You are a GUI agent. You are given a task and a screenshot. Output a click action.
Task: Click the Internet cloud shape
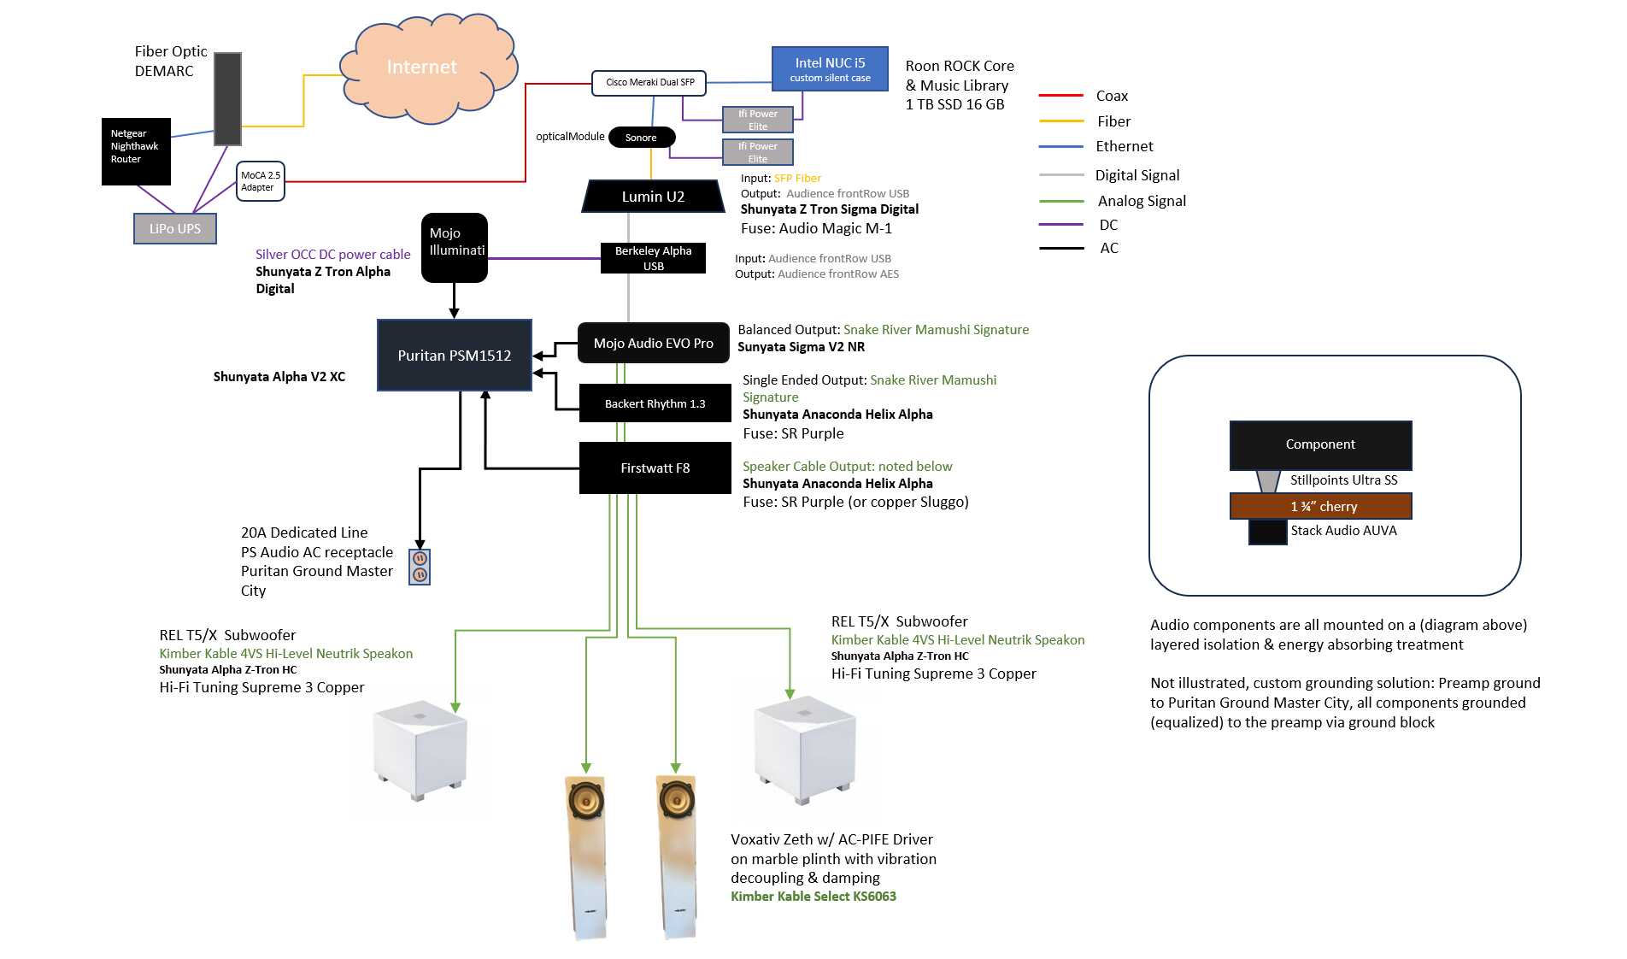point(428,68)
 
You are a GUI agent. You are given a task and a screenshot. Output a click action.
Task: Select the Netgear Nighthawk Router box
point(136,151)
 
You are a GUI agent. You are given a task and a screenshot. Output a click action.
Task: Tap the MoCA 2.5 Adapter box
point(260,181)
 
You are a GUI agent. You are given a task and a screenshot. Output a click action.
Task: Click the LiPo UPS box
point(175,228)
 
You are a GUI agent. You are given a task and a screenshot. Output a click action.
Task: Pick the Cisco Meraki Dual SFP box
point(649,83)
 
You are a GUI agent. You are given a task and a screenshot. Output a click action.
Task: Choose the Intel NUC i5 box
point(830,68)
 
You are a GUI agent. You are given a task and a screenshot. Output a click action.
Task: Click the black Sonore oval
point(642,137)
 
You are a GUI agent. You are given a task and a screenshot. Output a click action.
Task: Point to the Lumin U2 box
point(653,197)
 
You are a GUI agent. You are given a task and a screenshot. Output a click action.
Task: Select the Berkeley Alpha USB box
point(653,258)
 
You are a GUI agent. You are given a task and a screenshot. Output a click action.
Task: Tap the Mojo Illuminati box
point(455,247)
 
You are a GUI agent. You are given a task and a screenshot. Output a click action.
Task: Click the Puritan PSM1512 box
point(455,356)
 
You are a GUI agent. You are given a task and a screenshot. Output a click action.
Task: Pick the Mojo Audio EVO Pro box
point(654,344)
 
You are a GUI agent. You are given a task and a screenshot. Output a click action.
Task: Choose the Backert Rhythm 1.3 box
point(655,403)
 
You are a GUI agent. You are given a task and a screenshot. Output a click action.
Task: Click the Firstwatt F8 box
point(655,468)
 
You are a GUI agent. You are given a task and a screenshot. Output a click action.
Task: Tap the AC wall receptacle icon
point(420,567)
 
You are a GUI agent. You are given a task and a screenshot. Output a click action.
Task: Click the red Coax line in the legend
point(1060,96)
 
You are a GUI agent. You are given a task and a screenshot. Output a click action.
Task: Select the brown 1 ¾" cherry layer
point(1320,506)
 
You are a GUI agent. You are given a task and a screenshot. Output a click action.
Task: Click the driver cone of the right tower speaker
point(676,802)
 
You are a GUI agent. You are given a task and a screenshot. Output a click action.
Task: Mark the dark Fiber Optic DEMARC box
point(227,98)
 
